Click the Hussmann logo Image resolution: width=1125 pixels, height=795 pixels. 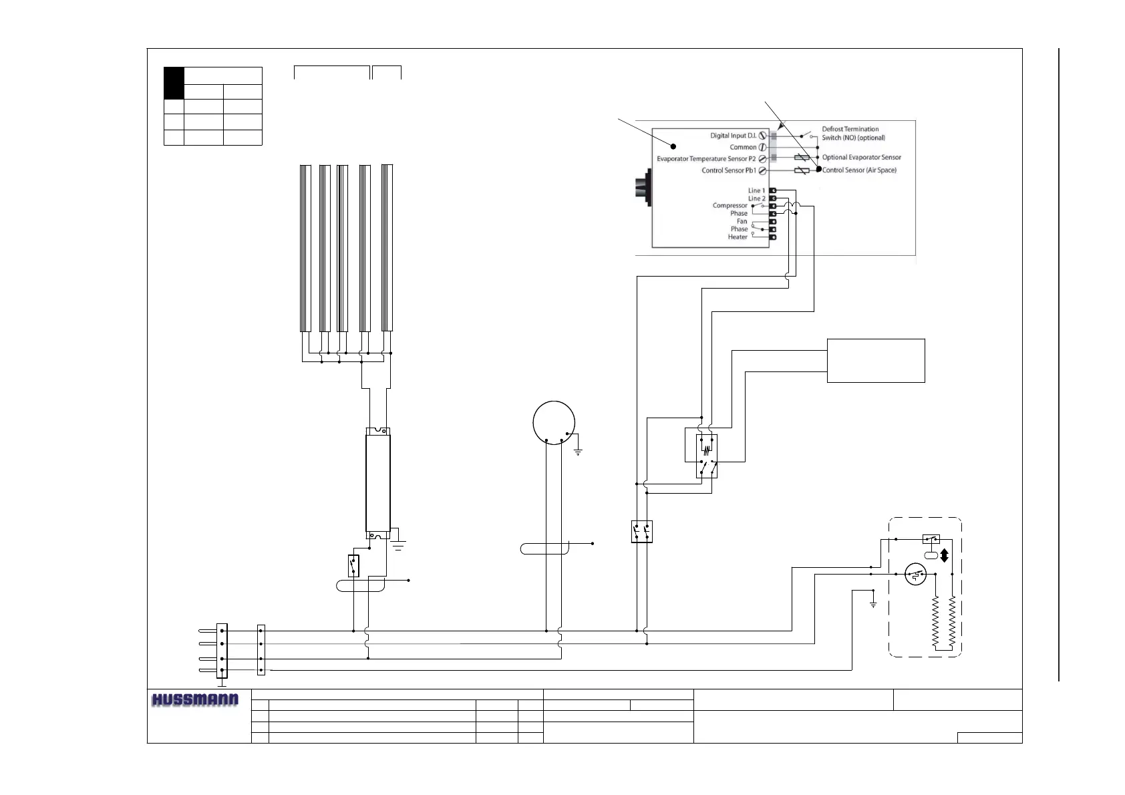click(195, 700)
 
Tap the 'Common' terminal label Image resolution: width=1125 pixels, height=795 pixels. click(743, 147)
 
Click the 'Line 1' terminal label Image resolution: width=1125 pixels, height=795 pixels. click(756, 190)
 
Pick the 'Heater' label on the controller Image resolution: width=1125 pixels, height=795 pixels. click(738, 236)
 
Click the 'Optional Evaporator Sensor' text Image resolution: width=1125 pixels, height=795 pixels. click(861, 158)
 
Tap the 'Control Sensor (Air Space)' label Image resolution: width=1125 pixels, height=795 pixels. click(859, 170)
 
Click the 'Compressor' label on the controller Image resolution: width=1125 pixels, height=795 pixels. click(730, 206)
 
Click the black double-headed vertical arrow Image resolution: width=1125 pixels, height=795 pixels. click(944, 555)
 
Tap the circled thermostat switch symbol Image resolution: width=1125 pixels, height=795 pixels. click(915, 574)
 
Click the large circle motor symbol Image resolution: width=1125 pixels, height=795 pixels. click(554, 422)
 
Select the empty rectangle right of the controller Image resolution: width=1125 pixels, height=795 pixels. click(876, 361)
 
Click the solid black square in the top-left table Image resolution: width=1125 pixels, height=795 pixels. click(174, 83)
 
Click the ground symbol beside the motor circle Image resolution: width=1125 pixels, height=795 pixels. click(578, 452)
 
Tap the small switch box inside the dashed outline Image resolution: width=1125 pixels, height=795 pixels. click(931, 538)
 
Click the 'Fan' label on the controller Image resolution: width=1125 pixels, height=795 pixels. click(742, 221)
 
